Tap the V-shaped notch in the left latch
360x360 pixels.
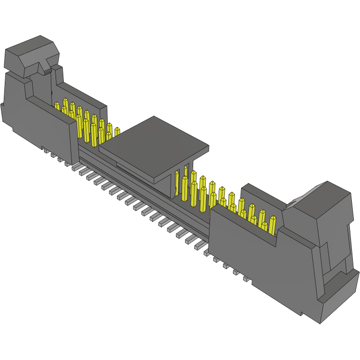[48, 65]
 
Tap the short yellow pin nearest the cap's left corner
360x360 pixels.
[117, 131]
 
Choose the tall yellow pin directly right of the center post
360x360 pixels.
[185, 189]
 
